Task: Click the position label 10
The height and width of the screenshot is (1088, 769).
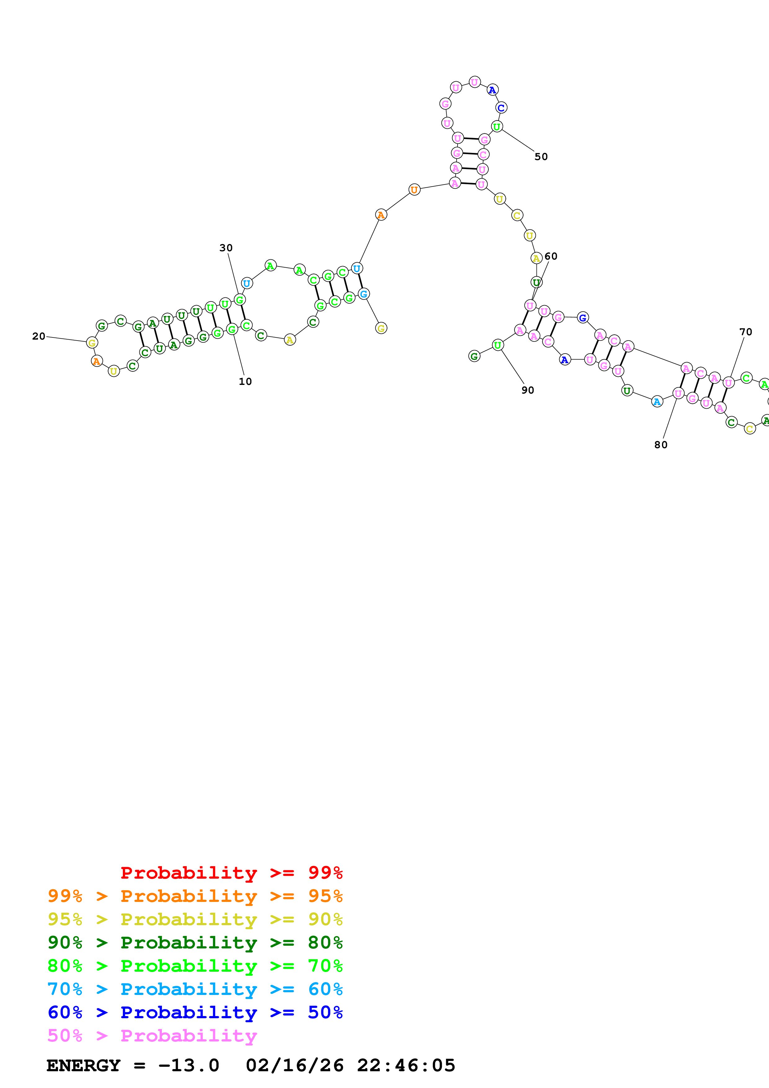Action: [245, 381]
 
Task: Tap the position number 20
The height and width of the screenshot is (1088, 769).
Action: [39, 337]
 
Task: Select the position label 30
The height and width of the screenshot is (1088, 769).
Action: [226, 248]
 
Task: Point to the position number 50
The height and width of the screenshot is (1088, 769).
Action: [541, 157]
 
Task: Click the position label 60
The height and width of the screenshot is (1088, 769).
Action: [551, 256]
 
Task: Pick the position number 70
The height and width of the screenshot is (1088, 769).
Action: [746, 332]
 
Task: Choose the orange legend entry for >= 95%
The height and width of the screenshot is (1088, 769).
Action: [195, 896]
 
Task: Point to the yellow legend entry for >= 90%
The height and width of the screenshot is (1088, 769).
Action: [195, 919]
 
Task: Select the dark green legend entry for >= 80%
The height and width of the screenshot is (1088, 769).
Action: [195, 943]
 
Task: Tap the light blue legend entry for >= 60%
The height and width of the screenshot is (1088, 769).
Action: [195, 989]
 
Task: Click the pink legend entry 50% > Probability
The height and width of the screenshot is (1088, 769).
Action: [152, 1035]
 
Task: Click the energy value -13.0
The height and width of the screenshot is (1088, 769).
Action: [189, 1065]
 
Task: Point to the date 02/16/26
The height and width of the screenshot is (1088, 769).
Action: [294, 1065]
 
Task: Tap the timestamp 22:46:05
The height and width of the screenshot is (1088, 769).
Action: [406, 1065]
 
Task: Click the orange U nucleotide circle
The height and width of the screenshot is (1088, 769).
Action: [414, 190]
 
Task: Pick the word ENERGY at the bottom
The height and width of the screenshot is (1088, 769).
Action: [83, 1065]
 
